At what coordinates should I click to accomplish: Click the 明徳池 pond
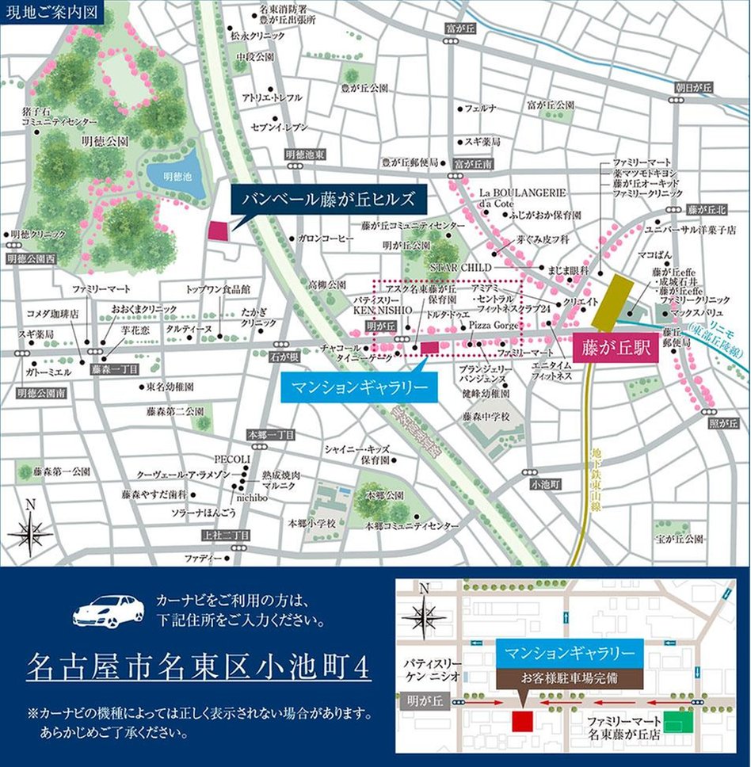[173, 176]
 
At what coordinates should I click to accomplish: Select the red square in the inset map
[522, 722]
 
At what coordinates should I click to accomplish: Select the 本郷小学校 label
[311, 523]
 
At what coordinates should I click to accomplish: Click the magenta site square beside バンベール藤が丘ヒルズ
[217, 231]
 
